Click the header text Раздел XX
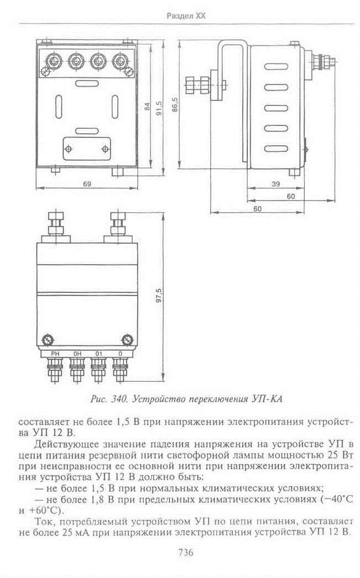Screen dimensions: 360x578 pos(186,16)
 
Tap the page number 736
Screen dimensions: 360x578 pos(186,553)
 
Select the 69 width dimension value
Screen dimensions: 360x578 pos(87,183)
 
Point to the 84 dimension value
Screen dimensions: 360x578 pos(147,107)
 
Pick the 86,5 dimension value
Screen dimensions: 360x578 pos(175,104)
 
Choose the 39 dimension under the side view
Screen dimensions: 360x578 pos(275,184)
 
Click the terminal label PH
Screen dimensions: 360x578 pos(55,354)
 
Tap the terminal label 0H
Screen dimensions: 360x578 pos(77,354)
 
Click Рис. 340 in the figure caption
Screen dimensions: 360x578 pos(109,399)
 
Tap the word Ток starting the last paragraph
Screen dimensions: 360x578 pos(44,522)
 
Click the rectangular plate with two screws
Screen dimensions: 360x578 pos(87,149)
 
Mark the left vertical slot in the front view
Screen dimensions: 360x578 pos(58,107)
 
